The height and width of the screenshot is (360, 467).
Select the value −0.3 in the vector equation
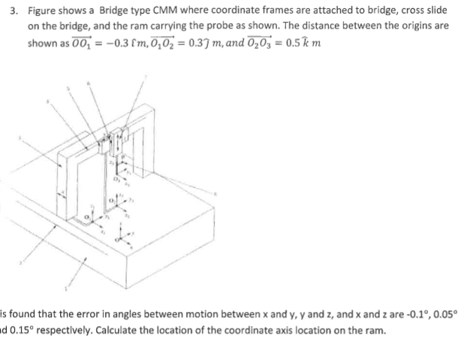tap(89, 43)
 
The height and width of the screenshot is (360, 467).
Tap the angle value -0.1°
tap(396, 316)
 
